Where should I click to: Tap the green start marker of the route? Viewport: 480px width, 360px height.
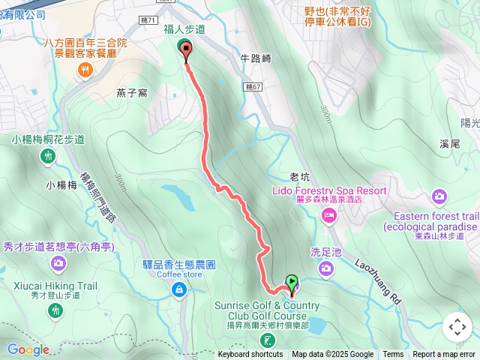292,282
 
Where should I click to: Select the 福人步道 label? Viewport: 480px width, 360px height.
184,29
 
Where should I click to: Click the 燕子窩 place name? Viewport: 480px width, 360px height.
131,92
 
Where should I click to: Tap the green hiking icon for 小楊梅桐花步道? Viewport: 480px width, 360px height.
48,155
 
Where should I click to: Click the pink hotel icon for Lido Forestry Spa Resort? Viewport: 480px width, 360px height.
328,216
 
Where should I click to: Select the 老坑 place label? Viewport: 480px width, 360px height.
299,177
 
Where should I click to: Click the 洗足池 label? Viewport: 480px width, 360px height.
325,252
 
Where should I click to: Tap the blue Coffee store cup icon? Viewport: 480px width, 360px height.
178,291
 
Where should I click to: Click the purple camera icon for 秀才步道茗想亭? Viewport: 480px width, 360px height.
58,263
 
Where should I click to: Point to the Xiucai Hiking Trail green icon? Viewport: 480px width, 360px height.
55,309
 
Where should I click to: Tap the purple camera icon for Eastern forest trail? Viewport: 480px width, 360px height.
439,196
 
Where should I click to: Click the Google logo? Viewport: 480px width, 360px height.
28,349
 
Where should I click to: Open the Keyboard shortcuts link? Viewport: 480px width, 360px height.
250,355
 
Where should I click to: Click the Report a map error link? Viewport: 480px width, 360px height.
444,355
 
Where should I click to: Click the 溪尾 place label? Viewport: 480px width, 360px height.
451,142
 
